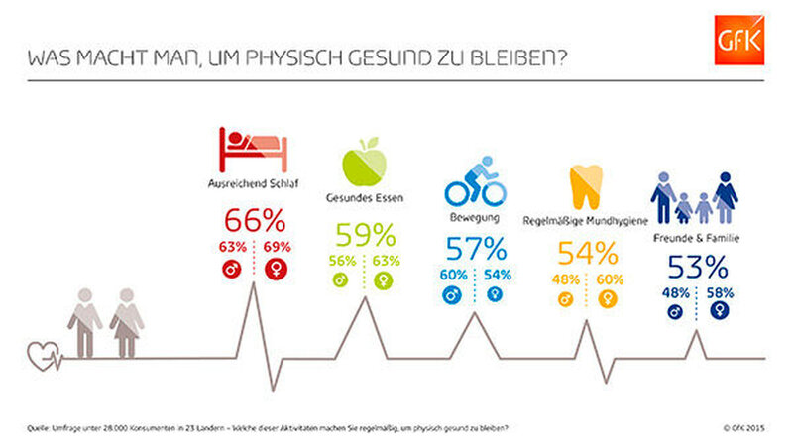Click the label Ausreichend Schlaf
[x=255, y=184]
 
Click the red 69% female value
[x=278, y=245]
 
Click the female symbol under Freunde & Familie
[x=721, y=309]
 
